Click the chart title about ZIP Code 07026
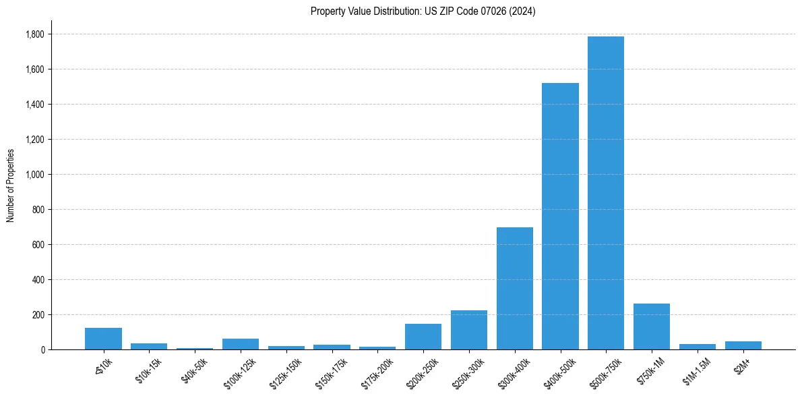coord(423,11)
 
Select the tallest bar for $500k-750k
coord(605,193)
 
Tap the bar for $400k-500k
coord(560,216)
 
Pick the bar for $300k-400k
coord(514,288)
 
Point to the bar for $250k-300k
coord(468,330)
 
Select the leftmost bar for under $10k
coord(103,339)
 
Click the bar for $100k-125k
coord(240,344)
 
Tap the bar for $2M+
coord(743,345)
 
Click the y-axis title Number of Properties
coord(11,185)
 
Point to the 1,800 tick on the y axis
coord(35,34)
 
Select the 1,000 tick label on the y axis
coord(35,175)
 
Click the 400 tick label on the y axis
coord(38,280)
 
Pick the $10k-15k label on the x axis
coord(149,372)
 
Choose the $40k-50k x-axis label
coord(194,372)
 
